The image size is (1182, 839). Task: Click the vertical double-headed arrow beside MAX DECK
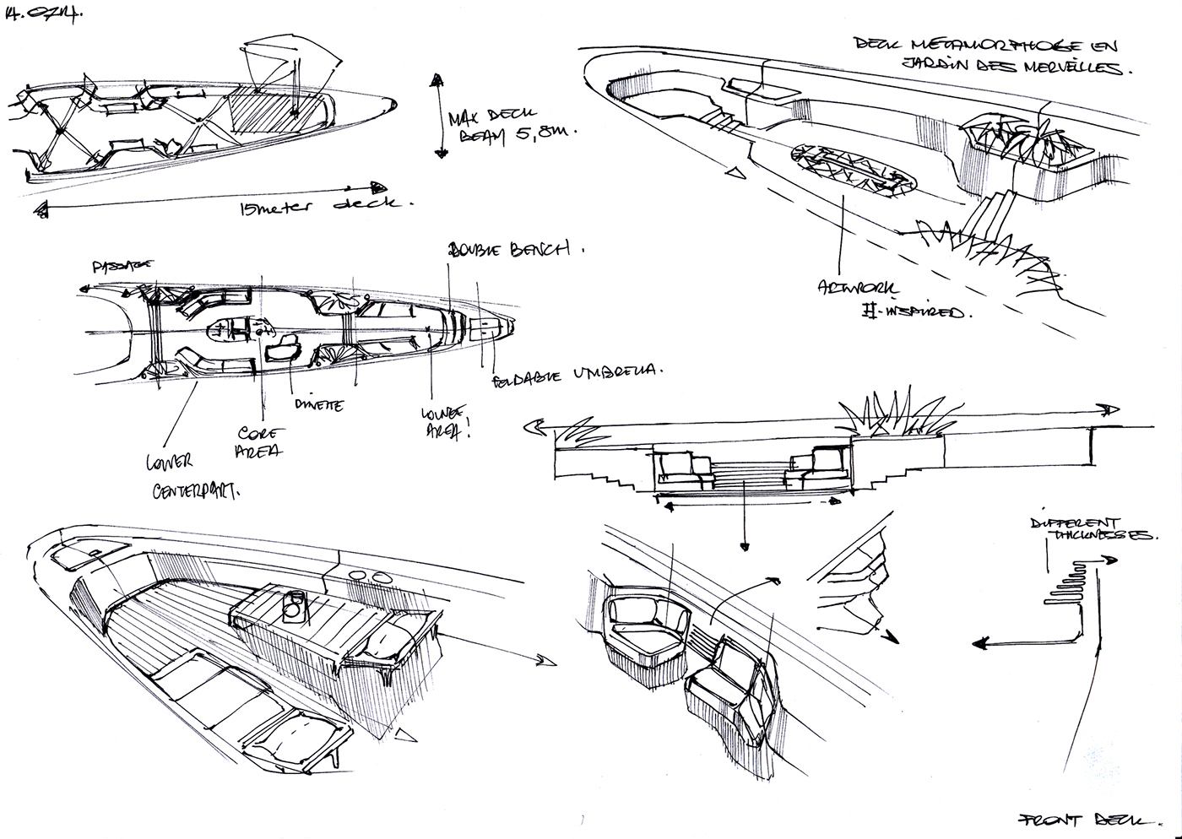(x=437, y=115)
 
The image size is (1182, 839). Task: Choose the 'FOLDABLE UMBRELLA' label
(x=577, y=375)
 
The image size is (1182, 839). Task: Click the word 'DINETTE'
(x=317, y=405)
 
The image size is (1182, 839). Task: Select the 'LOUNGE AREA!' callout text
(x=444, y=422)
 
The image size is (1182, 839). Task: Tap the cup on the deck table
(x=294, y=604)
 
